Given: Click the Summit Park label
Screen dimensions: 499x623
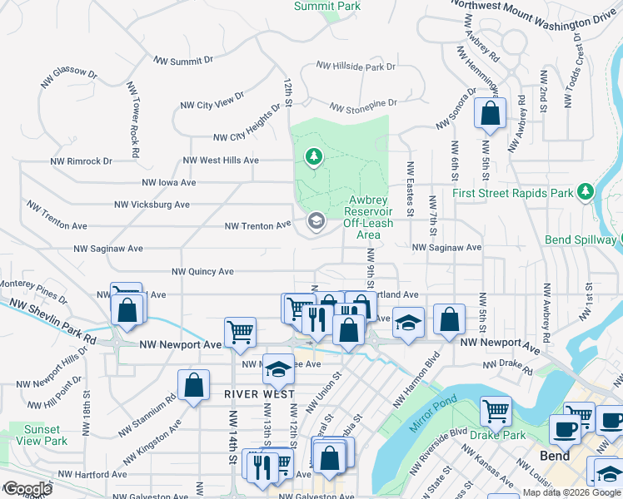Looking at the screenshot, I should (326, 6).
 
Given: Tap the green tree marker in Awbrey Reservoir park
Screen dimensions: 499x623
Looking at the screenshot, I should (313, 157).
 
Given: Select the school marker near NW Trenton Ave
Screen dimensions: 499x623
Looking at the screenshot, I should (316, 221).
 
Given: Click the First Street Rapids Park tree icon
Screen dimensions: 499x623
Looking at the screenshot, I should (586, 192).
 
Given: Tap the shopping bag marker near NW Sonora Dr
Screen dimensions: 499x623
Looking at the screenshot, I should (490, 113).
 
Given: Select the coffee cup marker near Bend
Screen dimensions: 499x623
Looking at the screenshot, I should (565, 429).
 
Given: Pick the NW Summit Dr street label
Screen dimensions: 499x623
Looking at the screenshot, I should (184, 61).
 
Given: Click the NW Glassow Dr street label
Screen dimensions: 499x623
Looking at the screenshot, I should (69, 77).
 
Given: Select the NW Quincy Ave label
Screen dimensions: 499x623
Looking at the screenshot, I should (202, 272).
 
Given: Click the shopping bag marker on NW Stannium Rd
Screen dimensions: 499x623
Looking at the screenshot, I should (193, 386).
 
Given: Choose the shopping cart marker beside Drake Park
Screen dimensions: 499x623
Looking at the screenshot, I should (496, 411).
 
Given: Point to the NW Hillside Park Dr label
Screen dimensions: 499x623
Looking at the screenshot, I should (355, 67).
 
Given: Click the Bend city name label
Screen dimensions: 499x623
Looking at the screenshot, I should (555, 456).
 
